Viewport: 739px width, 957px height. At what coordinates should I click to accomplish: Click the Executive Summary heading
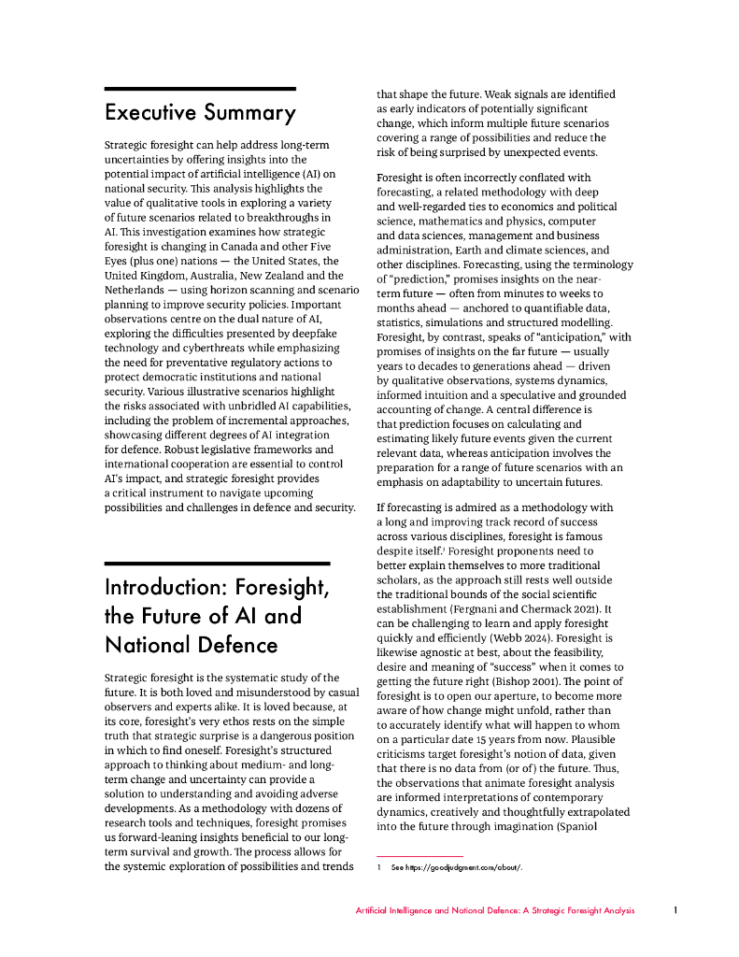coord(200,113)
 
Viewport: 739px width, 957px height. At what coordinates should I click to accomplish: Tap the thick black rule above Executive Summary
coord(200,89)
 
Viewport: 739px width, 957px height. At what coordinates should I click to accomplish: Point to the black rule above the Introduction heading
coord(217,564)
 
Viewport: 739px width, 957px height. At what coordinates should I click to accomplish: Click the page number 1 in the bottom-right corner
coord(675,909)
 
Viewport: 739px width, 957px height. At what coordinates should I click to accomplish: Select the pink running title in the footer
coord(494,910)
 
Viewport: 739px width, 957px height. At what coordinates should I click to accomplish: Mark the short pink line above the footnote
coord(419,856)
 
